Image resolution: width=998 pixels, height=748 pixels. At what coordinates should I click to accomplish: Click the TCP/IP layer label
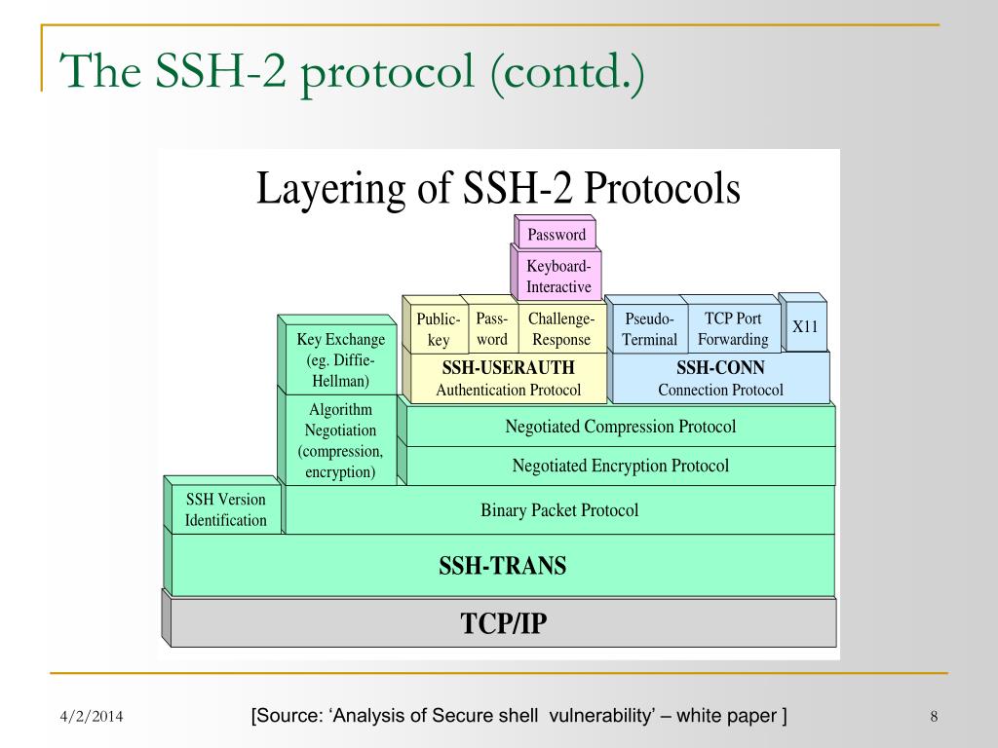point(503,622)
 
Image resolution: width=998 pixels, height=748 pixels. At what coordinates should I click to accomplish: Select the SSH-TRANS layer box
point(503,565)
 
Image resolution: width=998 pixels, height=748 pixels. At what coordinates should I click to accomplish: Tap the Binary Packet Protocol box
point(559,510)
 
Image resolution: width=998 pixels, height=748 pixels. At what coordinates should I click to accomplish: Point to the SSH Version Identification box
point(226,510)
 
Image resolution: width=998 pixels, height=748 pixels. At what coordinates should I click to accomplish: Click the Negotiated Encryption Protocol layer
point(620,466)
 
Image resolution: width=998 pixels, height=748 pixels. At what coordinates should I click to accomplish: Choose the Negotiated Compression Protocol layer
point(620,427)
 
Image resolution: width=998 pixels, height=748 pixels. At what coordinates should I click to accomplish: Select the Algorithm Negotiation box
point(340,440)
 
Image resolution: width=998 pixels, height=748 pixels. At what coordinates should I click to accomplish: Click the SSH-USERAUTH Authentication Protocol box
point(508,379)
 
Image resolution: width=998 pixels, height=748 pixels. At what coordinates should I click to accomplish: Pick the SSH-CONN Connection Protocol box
point(720,379)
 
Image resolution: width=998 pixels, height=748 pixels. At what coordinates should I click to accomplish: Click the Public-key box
point(438,329)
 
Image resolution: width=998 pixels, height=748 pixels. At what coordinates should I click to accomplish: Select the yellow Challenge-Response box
point(560,329)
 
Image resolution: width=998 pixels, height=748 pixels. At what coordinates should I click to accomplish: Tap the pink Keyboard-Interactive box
point(558,277)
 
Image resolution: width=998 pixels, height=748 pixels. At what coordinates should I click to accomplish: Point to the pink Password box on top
point(557,235)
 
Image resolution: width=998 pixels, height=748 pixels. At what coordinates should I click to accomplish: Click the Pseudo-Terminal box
point(649,329)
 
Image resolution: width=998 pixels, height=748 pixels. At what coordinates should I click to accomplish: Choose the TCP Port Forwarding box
point(733,328)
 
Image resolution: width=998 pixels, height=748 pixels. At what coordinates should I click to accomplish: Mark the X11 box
point(805,327)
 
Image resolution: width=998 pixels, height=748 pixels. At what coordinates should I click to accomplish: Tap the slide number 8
point(933,718)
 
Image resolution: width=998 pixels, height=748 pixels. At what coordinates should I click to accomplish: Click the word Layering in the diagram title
point(328,188)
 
